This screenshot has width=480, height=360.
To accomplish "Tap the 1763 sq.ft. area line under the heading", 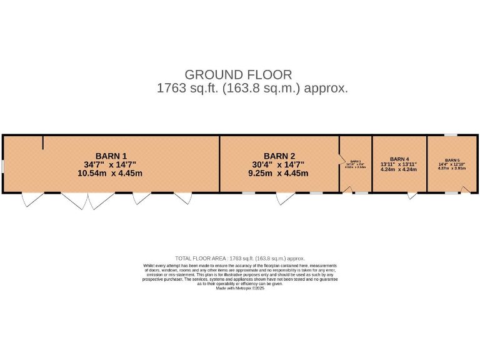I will tap(252, 89).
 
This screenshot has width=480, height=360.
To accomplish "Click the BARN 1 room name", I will tap(111, 156).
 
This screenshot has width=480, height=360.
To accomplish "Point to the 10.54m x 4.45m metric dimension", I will tap(110, 173).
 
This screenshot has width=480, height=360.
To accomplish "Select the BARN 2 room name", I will tap(279, 156).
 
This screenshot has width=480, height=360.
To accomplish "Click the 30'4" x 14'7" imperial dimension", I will tap(277, 165).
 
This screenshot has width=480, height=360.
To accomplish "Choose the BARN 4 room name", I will tap(399, 159).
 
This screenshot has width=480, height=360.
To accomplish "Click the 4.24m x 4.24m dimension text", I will tap(399, 169).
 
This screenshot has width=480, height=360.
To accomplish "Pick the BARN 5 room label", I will tap(452, 160).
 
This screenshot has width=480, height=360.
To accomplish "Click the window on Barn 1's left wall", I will tap(2, 166).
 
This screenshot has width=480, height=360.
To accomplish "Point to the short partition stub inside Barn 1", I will tap(42, 142).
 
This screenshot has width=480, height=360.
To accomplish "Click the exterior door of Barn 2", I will tap(285, 198).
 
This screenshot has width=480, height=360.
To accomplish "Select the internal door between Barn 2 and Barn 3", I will tap(341, 159).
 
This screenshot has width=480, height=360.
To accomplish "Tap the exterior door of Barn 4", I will tap(412, 196).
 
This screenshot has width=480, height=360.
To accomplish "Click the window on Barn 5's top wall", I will tap(451, 135).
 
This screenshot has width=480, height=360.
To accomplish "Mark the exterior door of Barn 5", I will tap(465, 191).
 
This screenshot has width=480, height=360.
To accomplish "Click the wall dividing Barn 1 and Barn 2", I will tap(219, 164).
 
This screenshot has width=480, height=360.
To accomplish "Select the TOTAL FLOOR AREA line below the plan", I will tap(240, 258).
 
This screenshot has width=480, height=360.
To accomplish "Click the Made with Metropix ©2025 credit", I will tap(240, 288).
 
